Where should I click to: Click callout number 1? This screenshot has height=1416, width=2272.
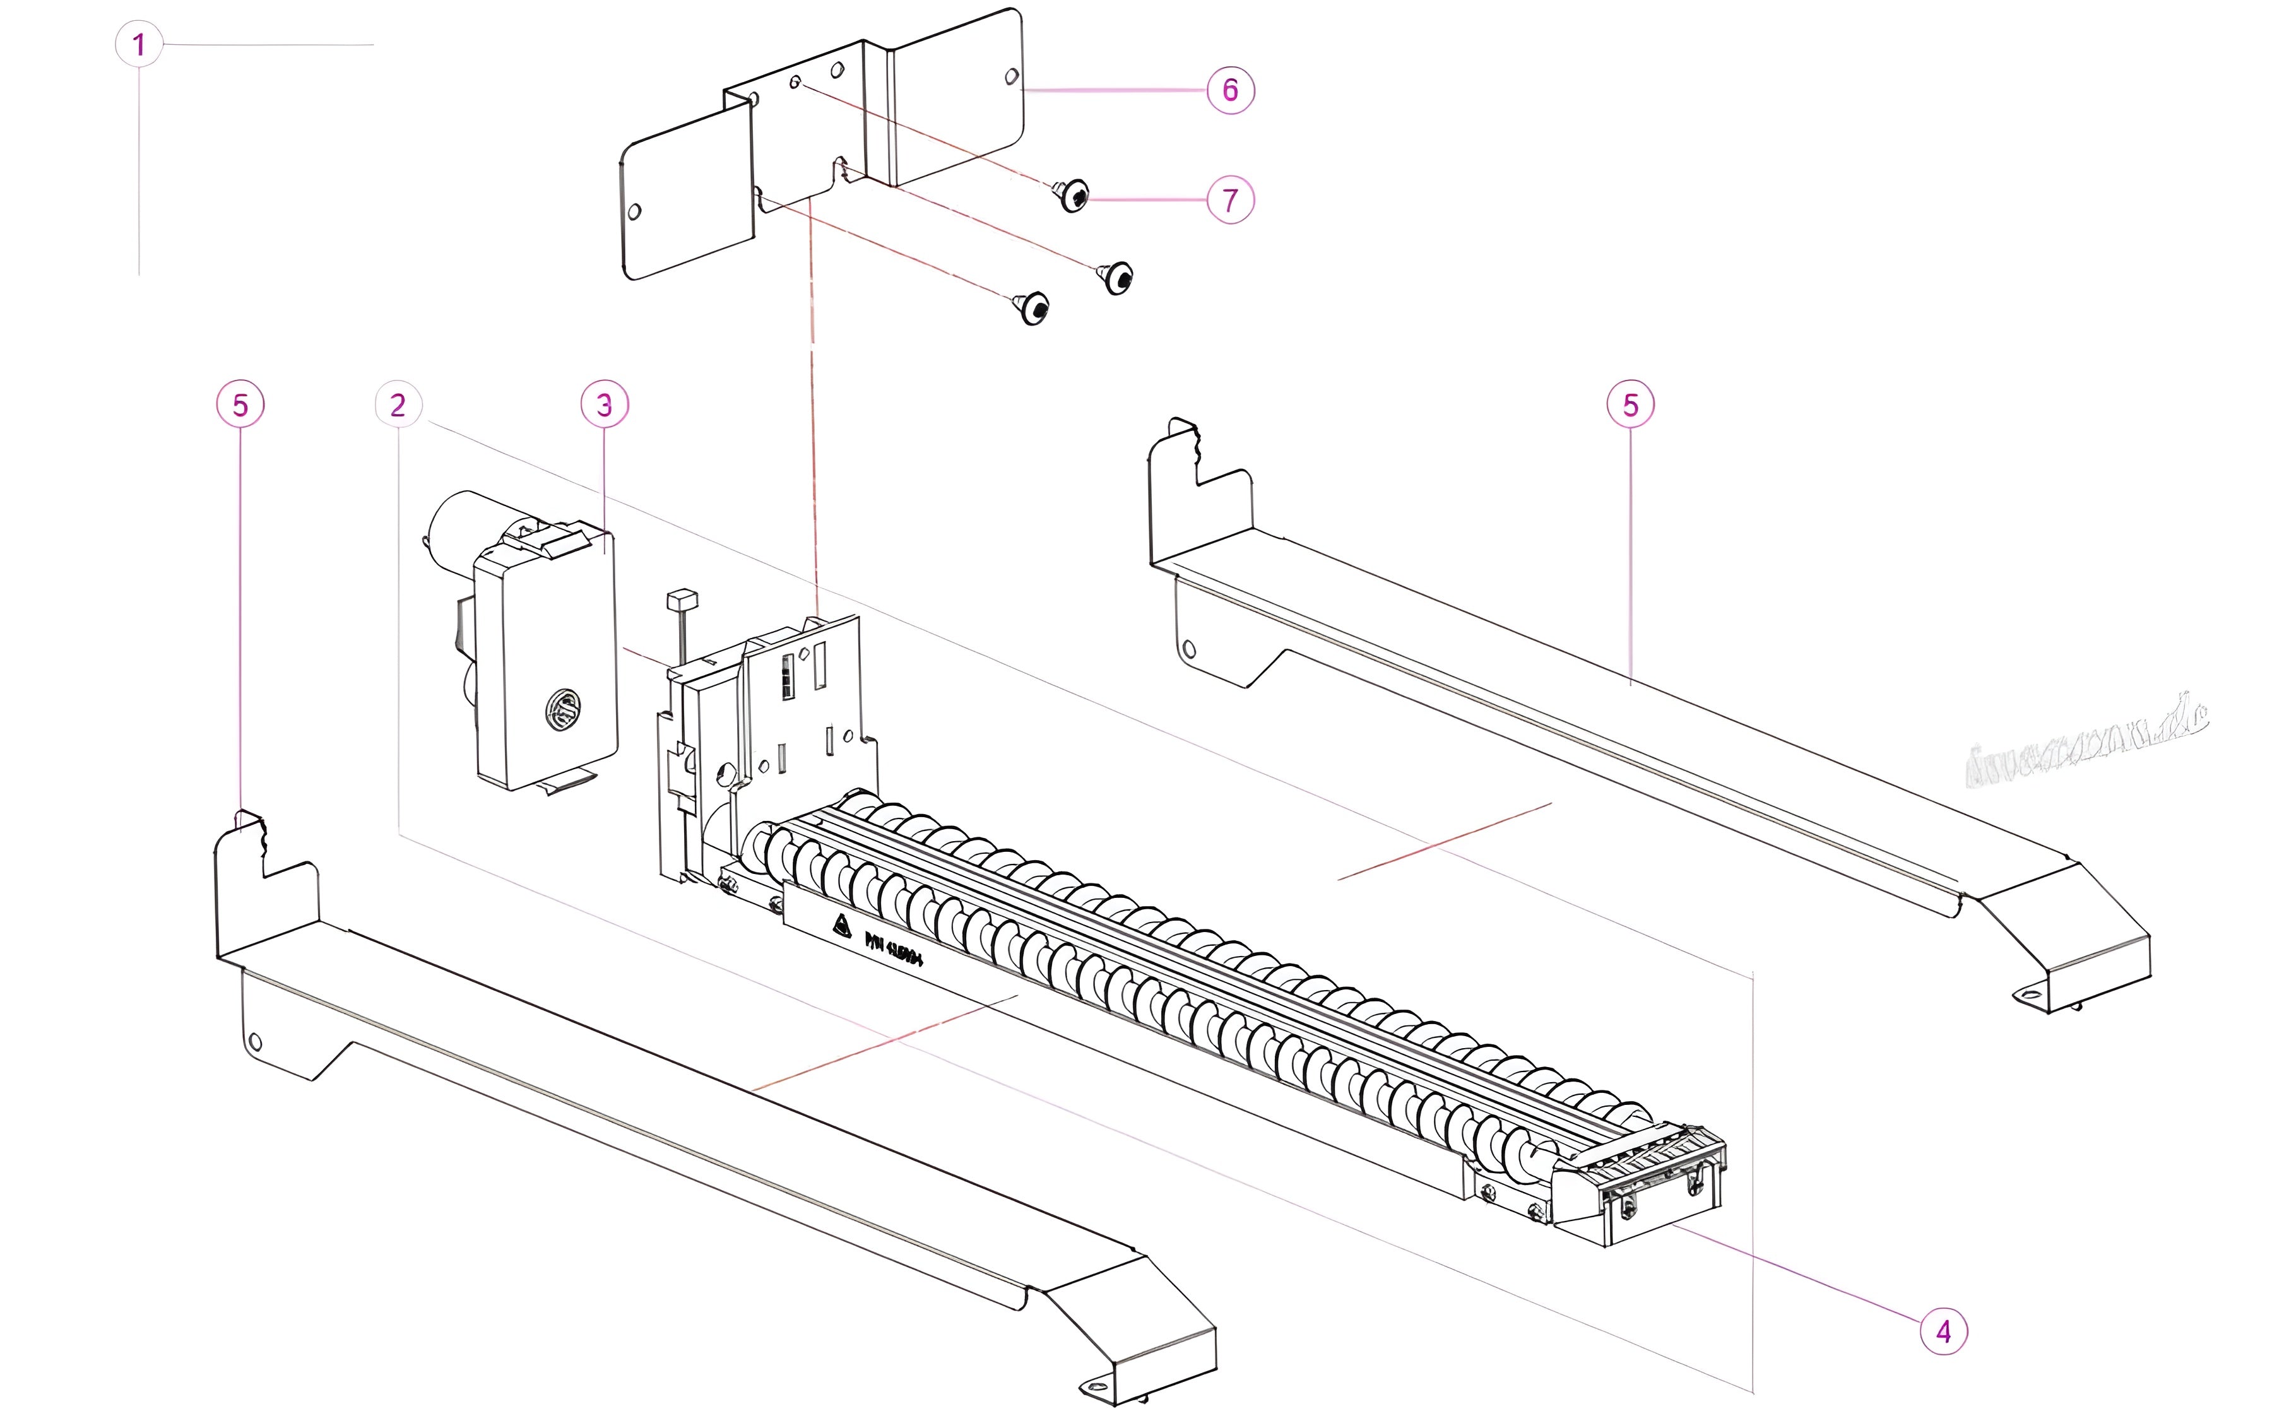tap(139, 44)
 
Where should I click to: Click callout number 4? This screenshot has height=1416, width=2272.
tap(1943, 1331)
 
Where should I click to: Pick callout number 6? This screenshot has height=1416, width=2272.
tap(1229, 90)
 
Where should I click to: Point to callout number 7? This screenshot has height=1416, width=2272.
tap(1229, 199)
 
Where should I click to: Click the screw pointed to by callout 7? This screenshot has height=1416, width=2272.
tap(1074, 196)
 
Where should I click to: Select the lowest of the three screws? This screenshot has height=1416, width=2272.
tap(1033, 308)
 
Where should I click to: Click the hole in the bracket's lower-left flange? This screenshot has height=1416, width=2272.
tap(634, 211)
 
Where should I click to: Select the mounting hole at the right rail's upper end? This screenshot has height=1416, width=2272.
tap(1190, 648)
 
